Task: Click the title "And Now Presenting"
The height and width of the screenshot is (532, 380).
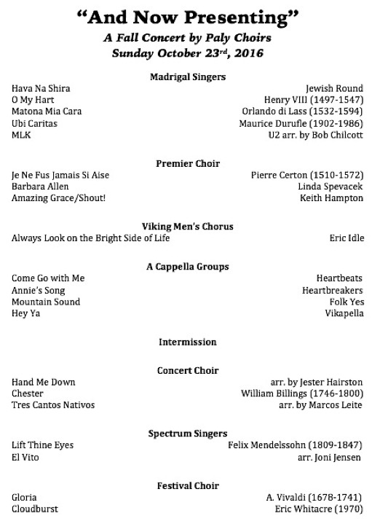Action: pyautogui.click(x=188, y=17)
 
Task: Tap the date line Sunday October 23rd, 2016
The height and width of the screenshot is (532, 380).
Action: pyautogui.click(x=188, y=52)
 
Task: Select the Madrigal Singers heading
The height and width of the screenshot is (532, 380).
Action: pyautogui.click(x=188, y=77)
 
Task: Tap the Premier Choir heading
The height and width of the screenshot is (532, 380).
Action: pyautogui.click(x=188, y=164)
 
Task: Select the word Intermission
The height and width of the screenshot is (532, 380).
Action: pyautogui.click(x=188, y=341)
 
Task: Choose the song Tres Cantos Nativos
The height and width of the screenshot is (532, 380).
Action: pyautogui.click(x=53, y=405)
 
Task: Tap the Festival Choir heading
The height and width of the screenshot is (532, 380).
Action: pyautogui.click(x=188, y=485)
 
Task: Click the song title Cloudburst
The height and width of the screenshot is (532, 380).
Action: pyautogui.click(x=35, y=509)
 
